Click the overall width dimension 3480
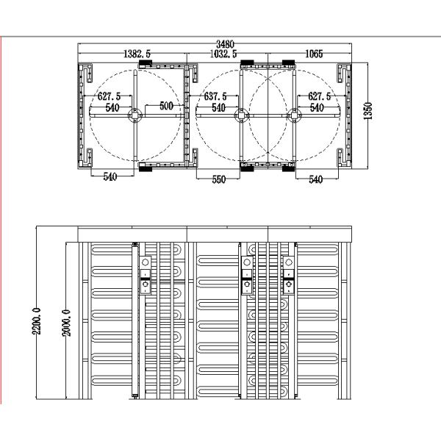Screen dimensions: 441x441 coord(225,44)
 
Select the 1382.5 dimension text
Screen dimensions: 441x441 coord(137,54)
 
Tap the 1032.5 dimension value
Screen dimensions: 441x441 coord(223,54)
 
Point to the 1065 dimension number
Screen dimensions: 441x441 coord(314,54)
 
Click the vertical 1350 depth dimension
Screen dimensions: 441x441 coord(367,111)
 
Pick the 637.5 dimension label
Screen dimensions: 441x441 coord(215,96)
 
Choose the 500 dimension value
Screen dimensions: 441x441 coord(166,106)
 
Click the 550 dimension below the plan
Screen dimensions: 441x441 coord(219,179)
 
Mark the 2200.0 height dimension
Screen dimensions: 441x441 coord(37,321)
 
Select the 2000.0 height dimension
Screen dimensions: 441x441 coord(66,323)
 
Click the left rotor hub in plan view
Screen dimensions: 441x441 coord(135,115)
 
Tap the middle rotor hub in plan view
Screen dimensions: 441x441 coord(241,115)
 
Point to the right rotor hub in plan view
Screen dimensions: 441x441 coord(294,115)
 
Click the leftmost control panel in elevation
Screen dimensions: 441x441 coord(146,275)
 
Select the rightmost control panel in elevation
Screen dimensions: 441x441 coord(289,275)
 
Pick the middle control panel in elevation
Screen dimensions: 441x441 coord(247,275)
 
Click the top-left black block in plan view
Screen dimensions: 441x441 coord(146,62)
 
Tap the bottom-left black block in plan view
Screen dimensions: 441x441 coord(146,169)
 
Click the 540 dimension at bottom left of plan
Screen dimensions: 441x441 coord(110,176)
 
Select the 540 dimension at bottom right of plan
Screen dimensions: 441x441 coord(315,179)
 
